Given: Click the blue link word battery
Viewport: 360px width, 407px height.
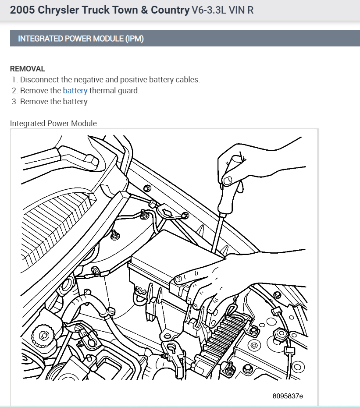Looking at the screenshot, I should (75, 91).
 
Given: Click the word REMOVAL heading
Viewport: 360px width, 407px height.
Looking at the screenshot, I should (27, 69).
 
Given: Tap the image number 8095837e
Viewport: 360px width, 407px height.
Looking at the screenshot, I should (287, 396).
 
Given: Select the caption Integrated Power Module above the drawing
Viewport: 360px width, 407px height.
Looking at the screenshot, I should (53, 124).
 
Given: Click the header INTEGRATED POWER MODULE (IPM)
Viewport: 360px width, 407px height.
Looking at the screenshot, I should (81, 39).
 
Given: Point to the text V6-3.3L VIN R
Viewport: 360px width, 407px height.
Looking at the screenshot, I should (222, 10).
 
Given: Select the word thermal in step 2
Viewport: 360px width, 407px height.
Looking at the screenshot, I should (102, 91).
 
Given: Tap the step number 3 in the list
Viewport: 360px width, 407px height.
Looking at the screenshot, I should (14, 102).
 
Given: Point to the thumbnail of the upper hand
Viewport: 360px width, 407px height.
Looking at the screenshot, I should (227, 180).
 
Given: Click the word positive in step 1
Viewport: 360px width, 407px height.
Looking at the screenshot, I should (133, 80).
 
